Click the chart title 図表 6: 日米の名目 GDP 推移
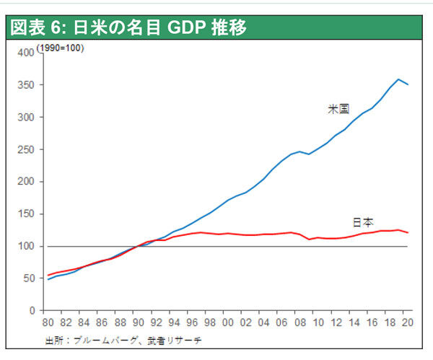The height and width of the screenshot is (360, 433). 128,28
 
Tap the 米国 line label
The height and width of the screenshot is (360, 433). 339,109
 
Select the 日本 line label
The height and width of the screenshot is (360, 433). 363,222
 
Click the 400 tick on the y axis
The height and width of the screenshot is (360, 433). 25,53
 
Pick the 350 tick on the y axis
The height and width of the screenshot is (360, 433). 25,85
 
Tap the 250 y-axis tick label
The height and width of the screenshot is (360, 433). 25,149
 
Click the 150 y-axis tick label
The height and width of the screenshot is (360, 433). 25,214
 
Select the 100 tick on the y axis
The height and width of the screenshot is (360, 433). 25,247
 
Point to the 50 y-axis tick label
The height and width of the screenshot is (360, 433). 27,278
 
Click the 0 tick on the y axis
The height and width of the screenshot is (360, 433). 30,311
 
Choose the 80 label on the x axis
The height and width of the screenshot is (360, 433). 48,322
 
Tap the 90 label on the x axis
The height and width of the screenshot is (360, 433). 138,322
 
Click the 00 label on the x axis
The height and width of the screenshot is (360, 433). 228,322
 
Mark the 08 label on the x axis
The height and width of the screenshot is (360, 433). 299,322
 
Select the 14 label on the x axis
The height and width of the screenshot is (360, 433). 354,322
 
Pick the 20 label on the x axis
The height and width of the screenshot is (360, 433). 408,322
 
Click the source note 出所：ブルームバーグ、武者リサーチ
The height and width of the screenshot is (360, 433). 123,339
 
